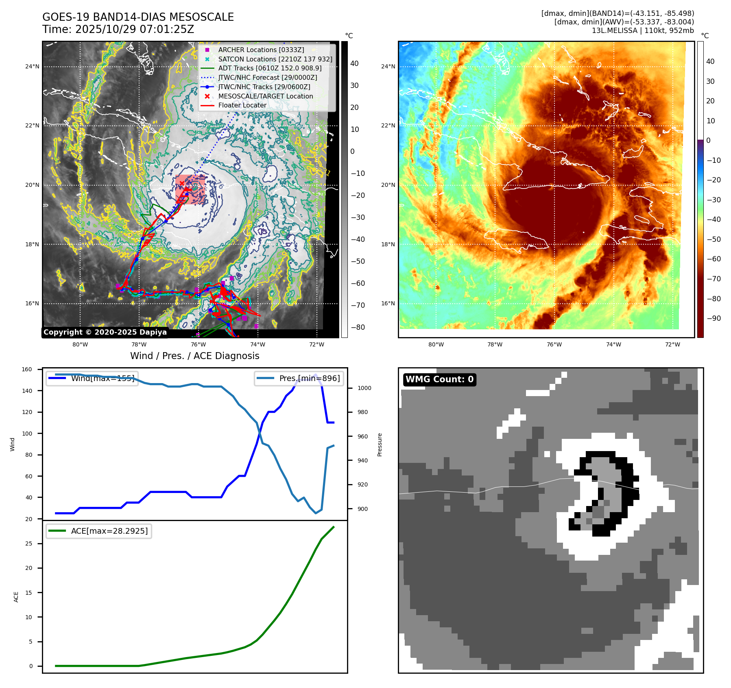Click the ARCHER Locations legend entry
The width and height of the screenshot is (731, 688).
[261, 50]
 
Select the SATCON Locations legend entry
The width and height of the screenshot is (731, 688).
[275, 59]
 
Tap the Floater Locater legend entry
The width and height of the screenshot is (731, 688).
[242, 105]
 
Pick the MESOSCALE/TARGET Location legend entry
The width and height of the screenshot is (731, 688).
[265, 96]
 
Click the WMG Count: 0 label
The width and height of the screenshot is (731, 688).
[439, 379]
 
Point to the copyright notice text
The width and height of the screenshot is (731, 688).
[105, 332]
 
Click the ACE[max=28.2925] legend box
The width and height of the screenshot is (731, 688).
[99, 531]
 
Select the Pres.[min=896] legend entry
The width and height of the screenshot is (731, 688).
[299, 378]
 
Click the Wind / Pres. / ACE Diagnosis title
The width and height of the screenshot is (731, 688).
[194, 356]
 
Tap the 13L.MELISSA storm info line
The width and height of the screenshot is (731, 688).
[643, 31]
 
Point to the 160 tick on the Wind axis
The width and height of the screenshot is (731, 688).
[27, 370]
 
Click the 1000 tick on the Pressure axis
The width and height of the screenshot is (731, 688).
[364, 388]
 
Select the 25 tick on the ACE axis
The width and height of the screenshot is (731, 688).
[28, 543]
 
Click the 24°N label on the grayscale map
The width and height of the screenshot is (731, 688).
[33, 66]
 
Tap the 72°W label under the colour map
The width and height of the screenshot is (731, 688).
[672, 344]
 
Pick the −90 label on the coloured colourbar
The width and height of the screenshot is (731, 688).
[714, 318]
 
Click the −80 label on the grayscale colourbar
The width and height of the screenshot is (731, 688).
[358, 327]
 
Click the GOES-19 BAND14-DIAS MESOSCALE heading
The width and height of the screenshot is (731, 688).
[138, 17]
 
